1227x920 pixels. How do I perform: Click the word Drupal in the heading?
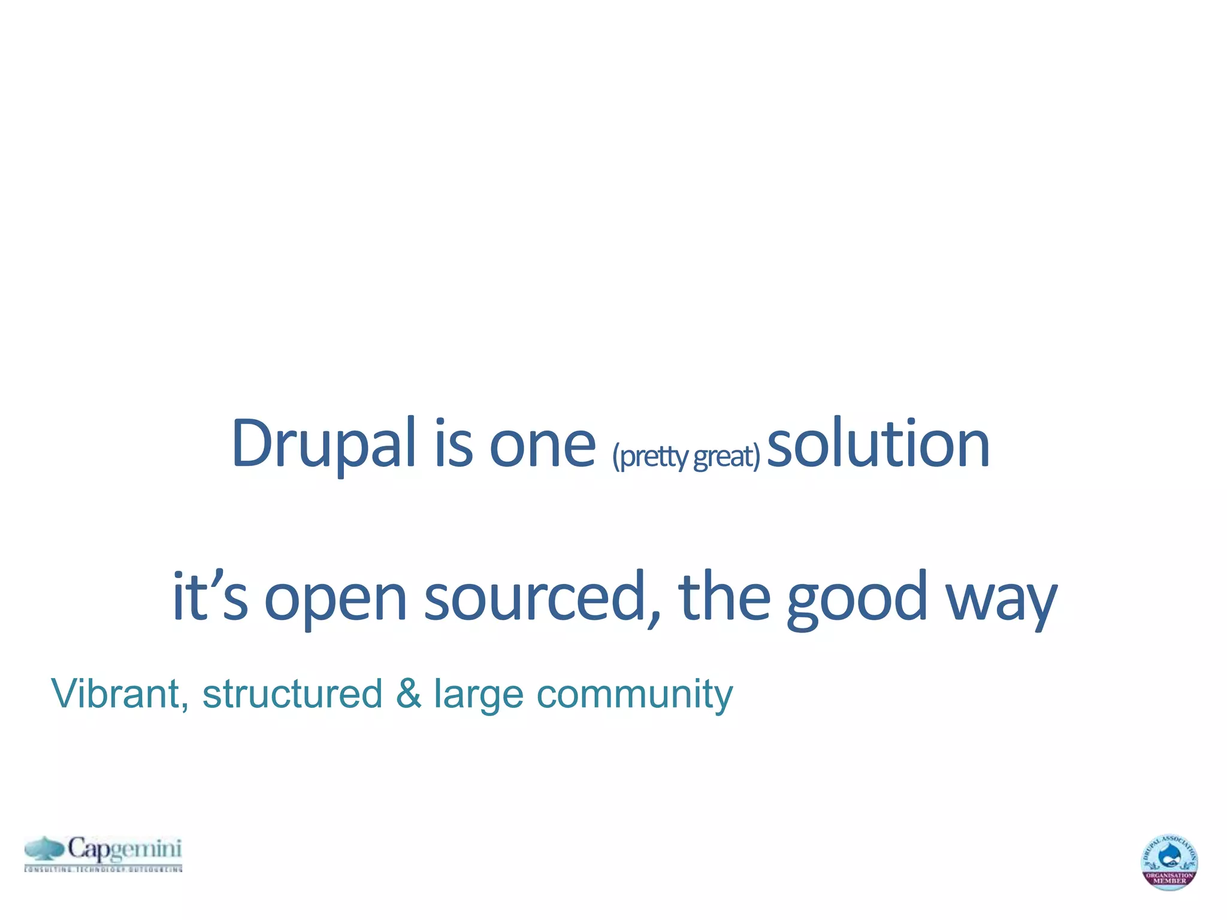coord(324,444)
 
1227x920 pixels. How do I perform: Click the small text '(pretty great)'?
coord(686,456)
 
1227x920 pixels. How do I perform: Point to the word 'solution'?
coord(878,444)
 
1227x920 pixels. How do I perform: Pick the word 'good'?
coord(857,599)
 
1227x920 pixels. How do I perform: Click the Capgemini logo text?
coord(125,849)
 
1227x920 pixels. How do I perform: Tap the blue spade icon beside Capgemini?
coord(44,849)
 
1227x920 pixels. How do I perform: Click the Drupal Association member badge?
coord(1169,862)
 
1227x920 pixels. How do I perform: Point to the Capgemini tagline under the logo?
coord(103,868)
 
